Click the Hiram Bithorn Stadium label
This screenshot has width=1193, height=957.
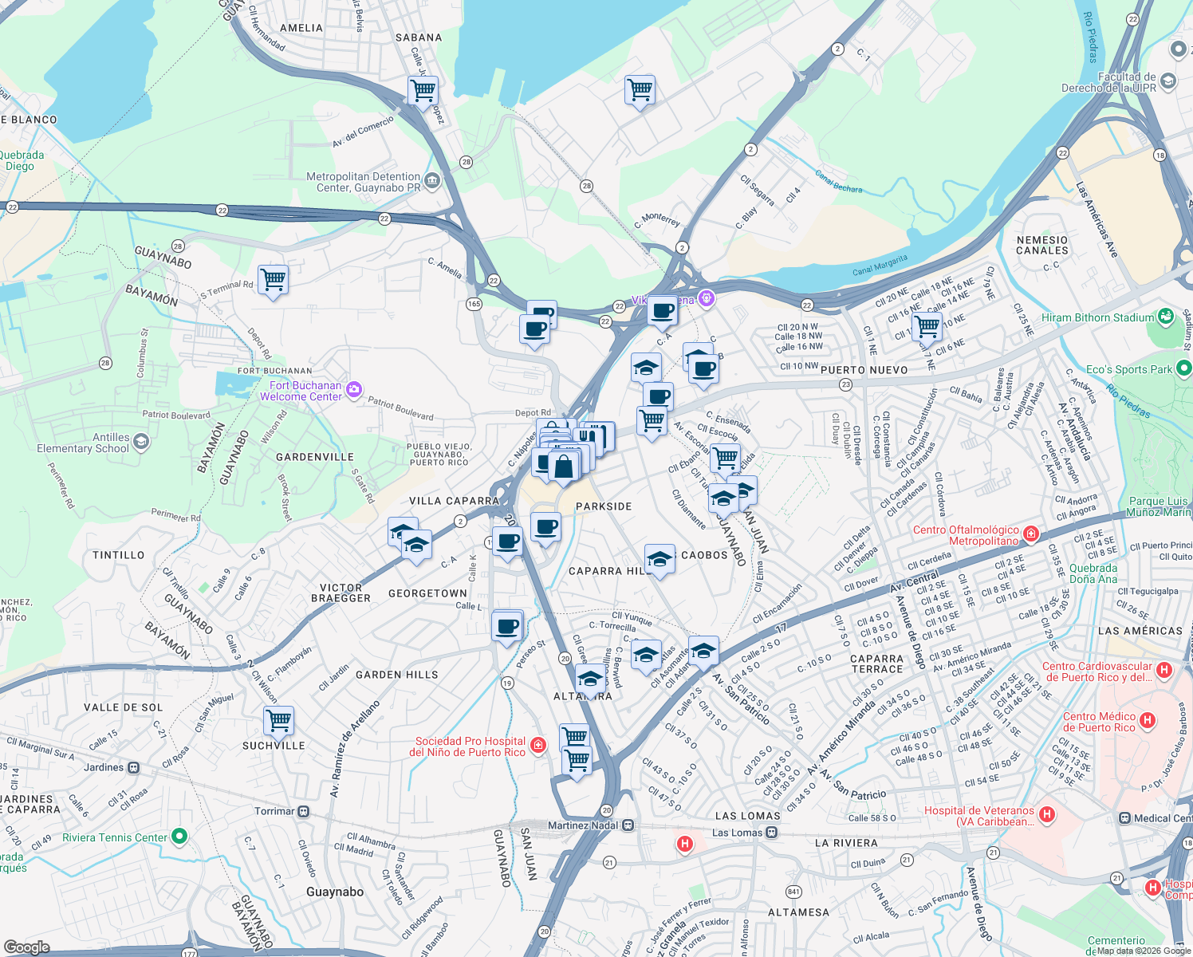point(1097,317)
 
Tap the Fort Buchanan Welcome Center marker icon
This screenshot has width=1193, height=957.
point(354,390)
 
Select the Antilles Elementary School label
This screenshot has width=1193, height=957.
point(83,443)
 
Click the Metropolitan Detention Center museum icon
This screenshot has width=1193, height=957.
point(432,181)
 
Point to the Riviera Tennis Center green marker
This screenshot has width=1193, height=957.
point(179,837)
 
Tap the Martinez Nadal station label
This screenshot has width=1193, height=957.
point(582,825)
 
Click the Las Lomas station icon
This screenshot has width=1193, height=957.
point(771,833)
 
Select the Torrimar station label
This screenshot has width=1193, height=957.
point(274,811)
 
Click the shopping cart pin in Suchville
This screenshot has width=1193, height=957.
point(278,720)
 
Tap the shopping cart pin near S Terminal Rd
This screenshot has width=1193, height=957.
point(273,280)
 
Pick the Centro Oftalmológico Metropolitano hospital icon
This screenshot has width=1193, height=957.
point(1030,533)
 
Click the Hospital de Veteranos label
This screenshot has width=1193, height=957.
point(979,816)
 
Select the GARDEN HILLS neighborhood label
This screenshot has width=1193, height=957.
point(396,675)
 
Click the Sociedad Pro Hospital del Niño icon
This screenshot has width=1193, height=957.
point(538,745)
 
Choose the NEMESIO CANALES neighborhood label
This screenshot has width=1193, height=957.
point(1041,245)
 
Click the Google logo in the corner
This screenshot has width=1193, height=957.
point(26,947)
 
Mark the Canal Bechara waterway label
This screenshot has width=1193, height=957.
point(838,183)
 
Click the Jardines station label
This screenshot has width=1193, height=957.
point(104,767)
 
